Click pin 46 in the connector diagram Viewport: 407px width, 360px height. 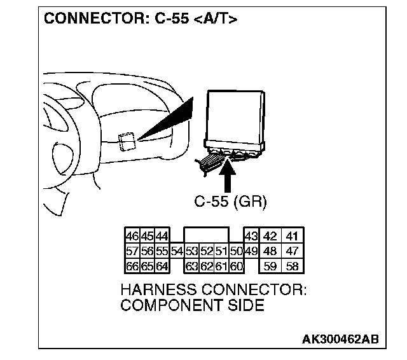point(132,235)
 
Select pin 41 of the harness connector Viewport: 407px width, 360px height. point(293,235)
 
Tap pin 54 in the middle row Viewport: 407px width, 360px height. point(177,251)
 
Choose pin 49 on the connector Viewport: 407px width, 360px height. point(251,251)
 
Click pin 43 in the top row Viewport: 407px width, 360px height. point(251,235)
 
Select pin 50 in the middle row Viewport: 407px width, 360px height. point(236,251)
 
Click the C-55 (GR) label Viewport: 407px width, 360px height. point(230,202)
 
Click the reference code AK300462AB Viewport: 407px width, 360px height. point(340,338)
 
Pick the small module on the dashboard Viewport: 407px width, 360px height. point(127,141)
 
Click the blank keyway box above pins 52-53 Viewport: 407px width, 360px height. point(207,235)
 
